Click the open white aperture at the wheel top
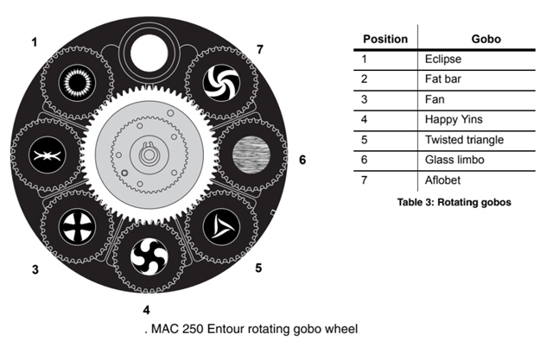(x=149, y=53)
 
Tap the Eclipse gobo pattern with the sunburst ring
(x=77, y=83)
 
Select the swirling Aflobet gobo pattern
(x=221, y=83)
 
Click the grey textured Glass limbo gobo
(x=251, y=155)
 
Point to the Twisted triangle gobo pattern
(x=221, y=227)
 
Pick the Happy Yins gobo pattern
(x=149, y=256)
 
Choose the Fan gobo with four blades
(x=77, y=227)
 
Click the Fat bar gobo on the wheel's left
(x=47, y=155)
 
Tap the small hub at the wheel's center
(x=149, y=155)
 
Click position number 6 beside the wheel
(x=302, y=160)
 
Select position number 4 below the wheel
(x=146, y=310)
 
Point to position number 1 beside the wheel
(x=34, y=42)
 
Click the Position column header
(x=385, y=39)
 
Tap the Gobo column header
(x=486, y=39)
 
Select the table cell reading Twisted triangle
(x=464, y=140)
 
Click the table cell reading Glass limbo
(x=454, y=160)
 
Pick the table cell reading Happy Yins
(x=454, y=119)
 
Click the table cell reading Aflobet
(x=442, y=180)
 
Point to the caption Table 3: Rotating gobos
(x=454, y=202)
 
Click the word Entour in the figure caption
(x=225, y=329)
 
